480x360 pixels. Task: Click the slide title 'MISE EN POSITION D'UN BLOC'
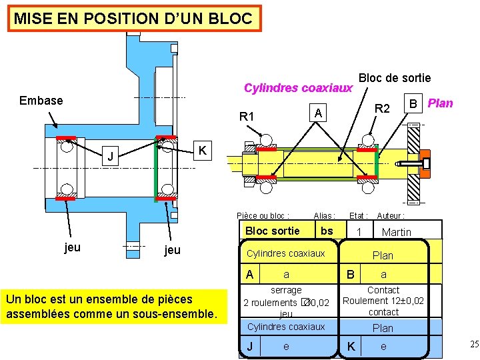tap(133, 19)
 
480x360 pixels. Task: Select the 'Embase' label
tap(41, 101)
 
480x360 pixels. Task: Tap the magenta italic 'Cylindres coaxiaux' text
tap(298, 88)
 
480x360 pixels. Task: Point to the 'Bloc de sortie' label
tap(395, 78)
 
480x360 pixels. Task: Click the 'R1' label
tap(247, 117)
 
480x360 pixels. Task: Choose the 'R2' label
tap(382, 108)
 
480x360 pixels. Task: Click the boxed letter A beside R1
tap(319, 113)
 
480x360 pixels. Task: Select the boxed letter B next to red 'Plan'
tap(413, 103)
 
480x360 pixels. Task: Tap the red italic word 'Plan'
tap(440, 103)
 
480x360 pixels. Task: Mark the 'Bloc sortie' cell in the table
tap(273, 231)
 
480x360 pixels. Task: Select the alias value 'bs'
tap(327, 231)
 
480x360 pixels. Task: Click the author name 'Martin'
tap(397, 232)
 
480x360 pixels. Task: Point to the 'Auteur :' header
tap(391, 216)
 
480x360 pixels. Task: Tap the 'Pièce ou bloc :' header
tap(263, 216)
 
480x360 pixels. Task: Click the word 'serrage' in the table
tap(286, 291)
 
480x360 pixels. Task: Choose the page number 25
tap(474, 344)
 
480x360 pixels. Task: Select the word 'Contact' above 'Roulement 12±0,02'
tap(383, 291)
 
